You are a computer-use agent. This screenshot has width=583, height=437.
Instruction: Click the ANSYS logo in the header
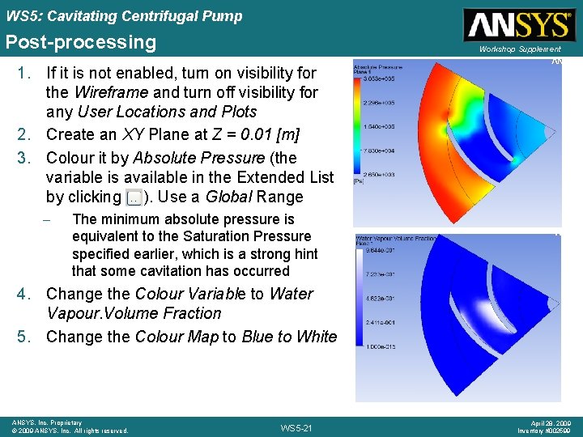[519, 25]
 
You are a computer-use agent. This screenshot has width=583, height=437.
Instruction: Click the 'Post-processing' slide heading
[80, 42]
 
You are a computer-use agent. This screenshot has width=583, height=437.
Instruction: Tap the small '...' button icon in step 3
[134, 197]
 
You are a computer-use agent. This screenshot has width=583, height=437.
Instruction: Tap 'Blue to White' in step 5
[288, 336]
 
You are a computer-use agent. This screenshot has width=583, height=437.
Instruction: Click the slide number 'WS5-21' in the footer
[296, 427]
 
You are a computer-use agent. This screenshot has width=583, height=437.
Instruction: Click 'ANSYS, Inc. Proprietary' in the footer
[47, 422]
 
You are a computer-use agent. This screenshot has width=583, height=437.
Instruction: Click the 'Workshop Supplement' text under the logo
[519, 49]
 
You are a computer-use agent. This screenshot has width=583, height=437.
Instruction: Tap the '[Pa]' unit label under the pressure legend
[358, 182]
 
